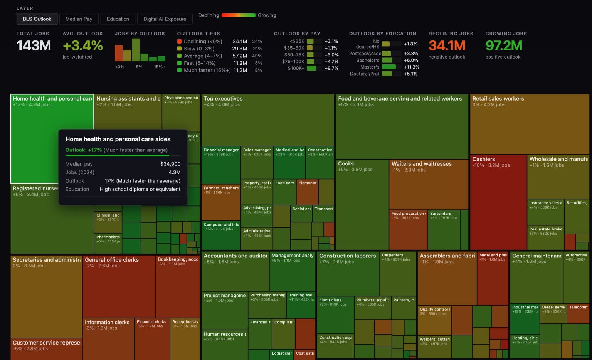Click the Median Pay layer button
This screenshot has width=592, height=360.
tap(79, 19)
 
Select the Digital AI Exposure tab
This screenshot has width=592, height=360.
tap(165, 19)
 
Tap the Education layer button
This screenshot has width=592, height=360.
tap(118, 19)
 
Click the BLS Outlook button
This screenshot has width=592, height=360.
tap(37, 19)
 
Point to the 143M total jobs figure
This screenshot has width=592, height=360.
tap(34, 45)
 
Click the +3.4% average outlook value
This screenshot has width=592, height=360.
tap(82, 45)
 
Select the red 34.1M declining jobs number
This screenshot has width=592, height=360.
tap(447, 45)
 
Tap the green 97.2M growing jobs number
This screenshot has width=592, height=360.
tap(504, 45)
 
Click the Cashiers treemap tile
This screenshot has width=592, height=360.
tap(498, 200)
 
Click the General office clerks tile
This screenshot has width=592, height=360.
tap(119, 285)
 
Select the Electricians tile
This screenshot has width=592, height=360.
tap(335, 314)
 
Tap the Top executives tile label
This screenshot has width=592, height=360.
tap(223, 99)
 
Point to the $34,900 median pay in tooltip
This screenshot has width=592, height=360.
tap(170, 164)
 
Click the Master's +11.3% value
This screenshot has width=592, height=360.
tap(412, 67)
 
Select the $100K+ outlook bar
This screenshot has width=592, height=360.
tap(312, 68)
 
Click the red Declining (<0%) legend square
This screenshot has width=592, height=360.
tap(179, 41)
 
